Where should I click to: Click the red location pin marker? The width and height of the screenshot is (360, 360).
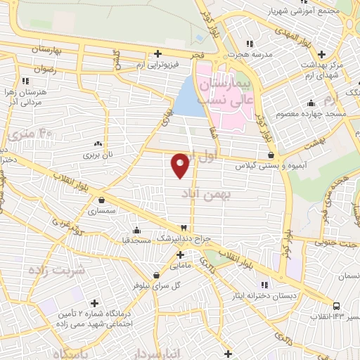coord(181,165)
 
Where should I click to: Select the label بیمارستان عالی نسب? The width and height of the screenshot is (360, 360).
coord(224,92)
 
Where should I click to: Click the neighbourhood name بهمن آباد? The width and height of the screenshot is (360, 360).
coord(210,192)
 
